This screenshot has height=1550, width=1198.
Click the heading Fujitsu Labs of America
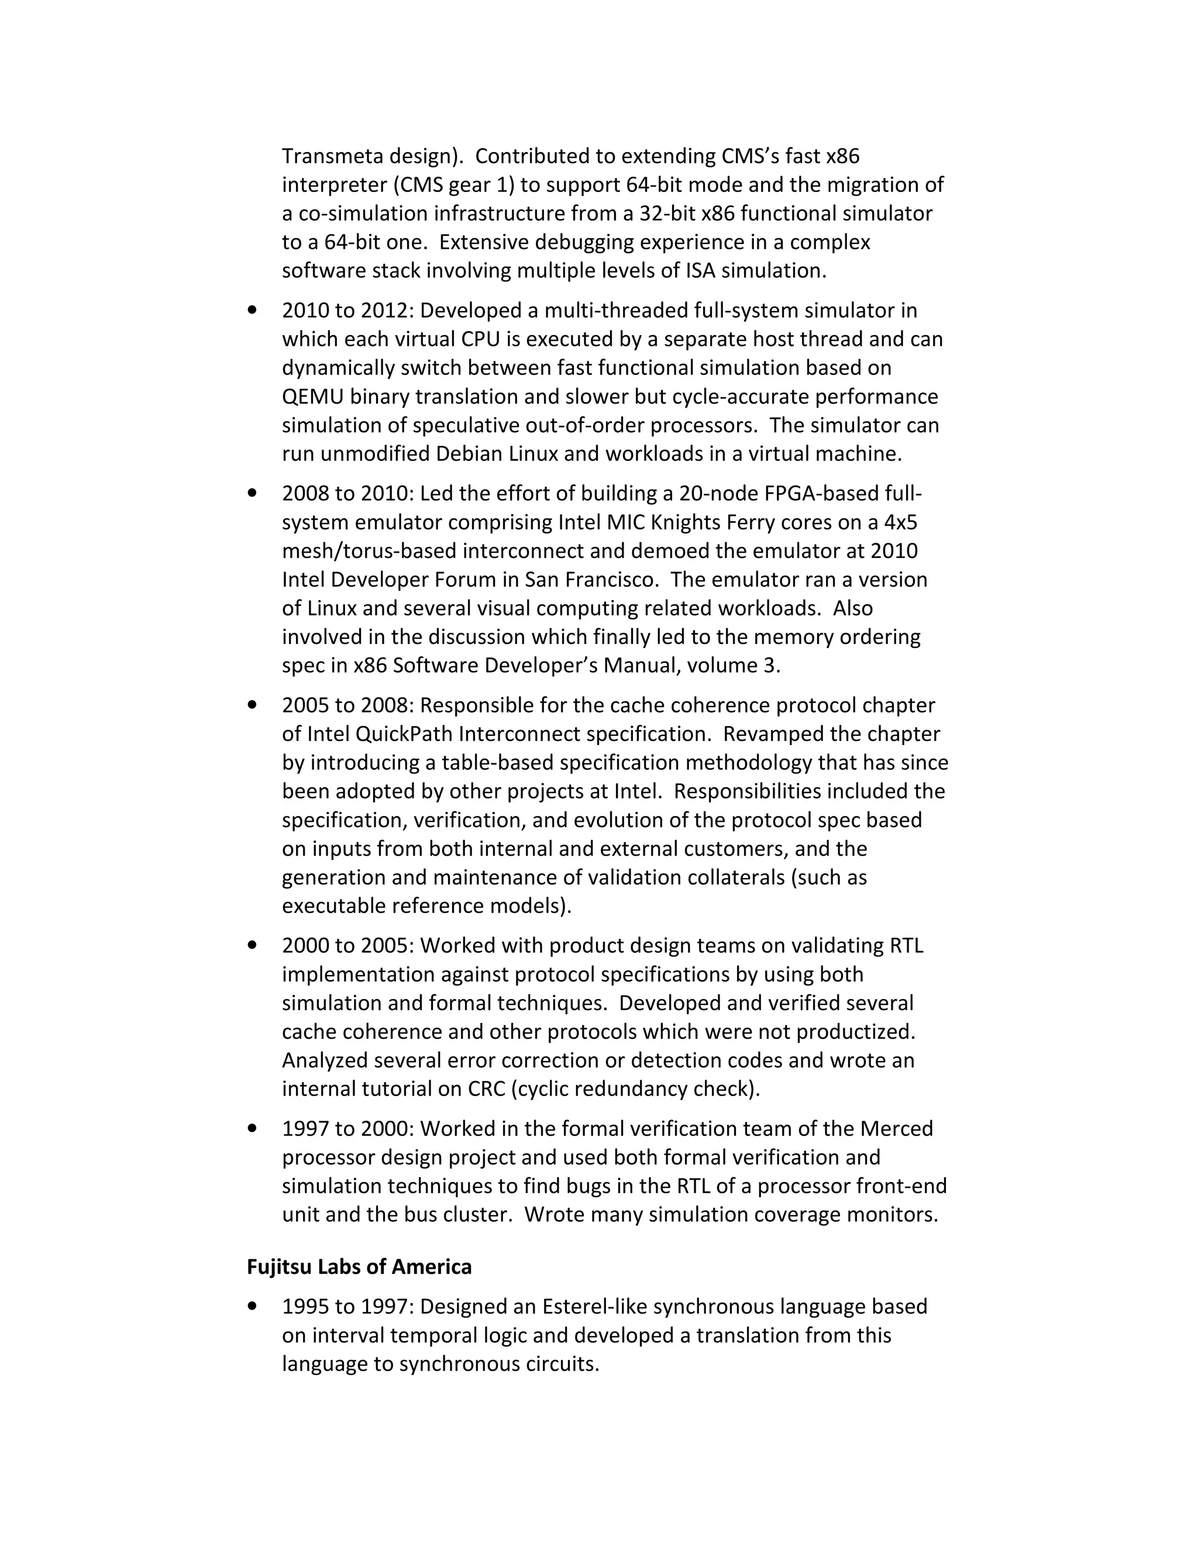(359, 1267)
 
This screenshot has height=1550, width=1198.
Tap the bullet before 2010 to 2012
(252, 310)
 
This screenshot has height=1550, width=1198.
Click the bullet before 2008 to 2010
(252, 493)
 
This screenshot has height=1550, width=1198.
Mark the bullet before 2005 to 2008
(252, 705)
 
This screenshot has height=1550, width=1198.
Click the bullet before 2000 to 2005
(252, 945)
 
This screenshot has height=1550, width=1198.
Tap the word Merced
(896, 1128)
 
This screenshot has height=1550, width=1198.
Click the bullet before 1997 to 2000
(252, 1128)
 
